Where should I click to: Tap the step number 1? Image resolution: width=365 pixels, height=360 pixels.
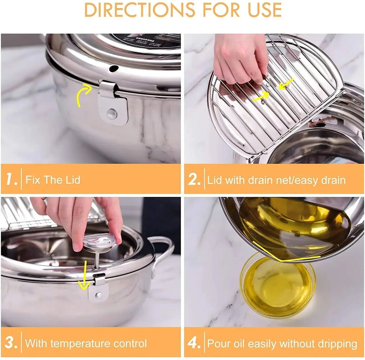[x=11, y=179]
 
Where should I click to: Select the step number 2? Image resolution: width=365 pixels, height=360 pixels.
[x=195, y=179]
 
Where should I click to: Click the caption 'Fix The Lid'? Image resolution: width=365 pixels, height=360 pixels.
[x=53, y=179]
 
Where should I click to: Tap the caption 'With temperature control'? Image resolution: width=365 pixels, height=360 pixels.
[x=86, y=343]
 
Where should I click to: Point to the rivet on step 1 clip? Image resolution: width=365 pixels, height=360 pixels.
[x=112, y=113]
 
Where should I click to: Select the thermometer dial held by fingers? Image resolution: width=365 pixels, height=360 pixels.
[x=99, y=242]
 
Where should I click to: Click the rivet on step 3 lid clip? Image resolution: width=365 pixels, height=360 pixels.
[x=98, y=296]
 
